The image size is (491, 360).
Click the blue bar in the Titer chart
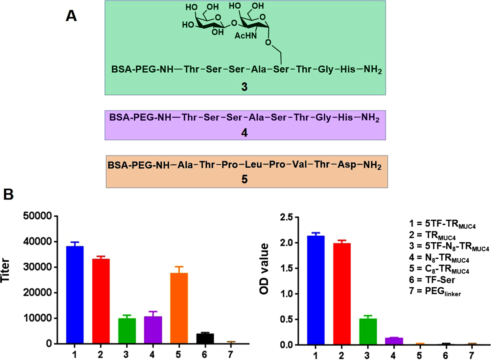(75, 295)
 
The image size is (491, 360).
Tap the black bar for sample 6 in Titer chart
(205, 338)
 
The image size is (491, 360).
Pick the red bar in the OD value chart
(341, 294)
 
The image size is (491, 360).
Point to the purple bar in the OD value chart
(394, 341)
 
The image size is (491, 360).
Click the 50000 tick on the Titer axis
(38, 216)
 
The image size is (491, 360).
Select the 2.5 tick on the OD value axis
(287, 217)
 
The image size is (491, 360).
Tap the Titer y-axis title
(6, 270)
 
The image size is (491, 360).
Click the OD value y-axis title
(264, 269)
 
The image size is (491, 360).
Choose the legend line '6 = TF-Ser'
(432, 280)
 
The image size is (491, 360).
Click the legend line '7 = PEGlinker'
(435, 292)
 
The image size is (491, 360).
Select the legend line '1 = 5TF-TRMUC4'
(442, 224)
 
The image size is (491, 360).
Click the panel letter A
(71, 16)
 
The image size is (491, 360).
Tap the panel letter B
(8, 194)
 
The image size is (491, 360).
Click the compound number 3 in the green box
(244, 87)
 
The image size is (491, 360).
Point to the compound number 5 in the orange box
(245, 179)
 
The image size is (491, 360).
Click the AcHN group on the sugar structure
(245, 36)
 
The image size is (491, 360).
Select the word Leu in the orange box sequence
(253, 164)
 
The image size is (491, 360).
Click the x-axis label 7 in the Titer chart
(230, 354)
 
